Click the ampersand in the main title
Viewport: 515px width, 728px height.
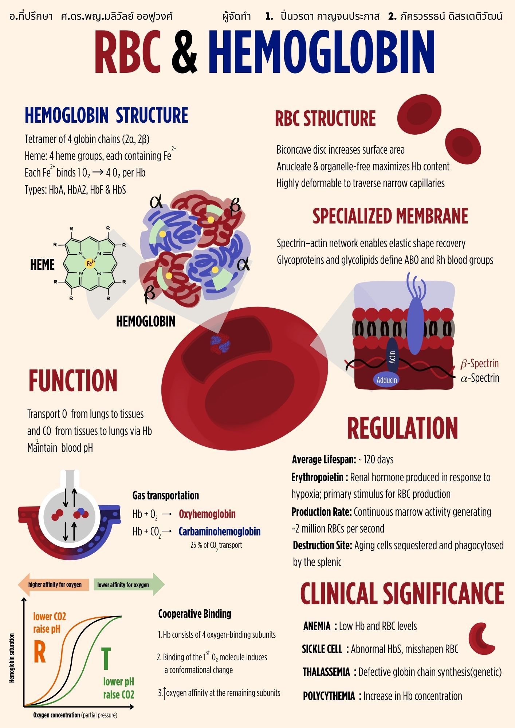[x=185, y=52]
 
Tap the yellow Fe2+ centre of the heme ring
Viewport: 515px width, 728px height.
[x=90, y=263]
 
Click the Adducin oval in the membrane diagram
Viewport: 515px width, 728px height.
[x=386, y=380]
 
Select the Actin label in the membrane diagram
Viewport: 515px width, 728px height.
[x=392, y=357]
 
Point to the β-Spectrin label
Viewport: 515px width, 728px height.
[x=479, y=363]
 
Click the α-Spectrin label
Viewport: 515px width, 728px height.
[x=480, y=378]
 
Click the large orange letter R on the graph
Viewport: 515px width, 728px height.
[x=40, y=652]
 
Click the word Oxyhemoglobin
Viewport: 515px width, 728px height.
[x=207, y=514]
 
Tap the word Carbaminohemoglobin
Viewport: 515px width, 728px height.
[x=220, y=531]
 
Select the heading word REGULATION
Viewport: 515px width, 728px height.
[x=402, y=428]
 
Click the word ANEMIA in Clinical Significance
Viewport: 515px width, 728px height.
[x=317, y=626]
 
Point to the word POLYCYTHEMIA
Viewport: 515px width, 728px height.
[x=329, y=696]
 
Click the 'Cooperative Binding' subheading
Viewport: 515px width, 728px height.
[x=195, y=614]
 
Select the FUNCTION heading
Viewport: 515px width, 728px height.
[x=73, y=381]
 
